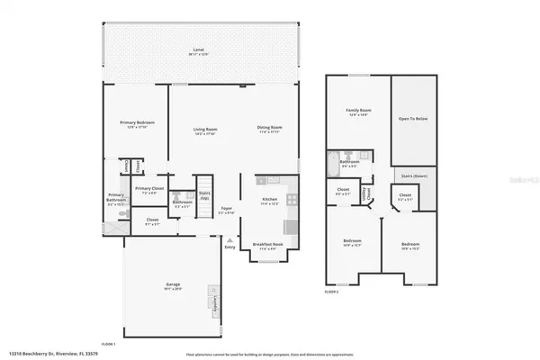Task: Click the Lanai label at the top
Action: point(198,51)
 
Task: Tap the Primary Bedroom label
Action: point(138,123)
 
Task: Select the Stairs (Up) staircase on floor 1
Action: point(204,191)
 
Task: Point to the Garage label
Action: point(172,287)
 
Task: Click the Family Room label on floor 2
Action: point(359,112)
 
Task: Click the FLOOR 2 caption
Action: point(333,292)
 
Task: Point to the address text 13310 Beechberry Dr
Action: point(45,354)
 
